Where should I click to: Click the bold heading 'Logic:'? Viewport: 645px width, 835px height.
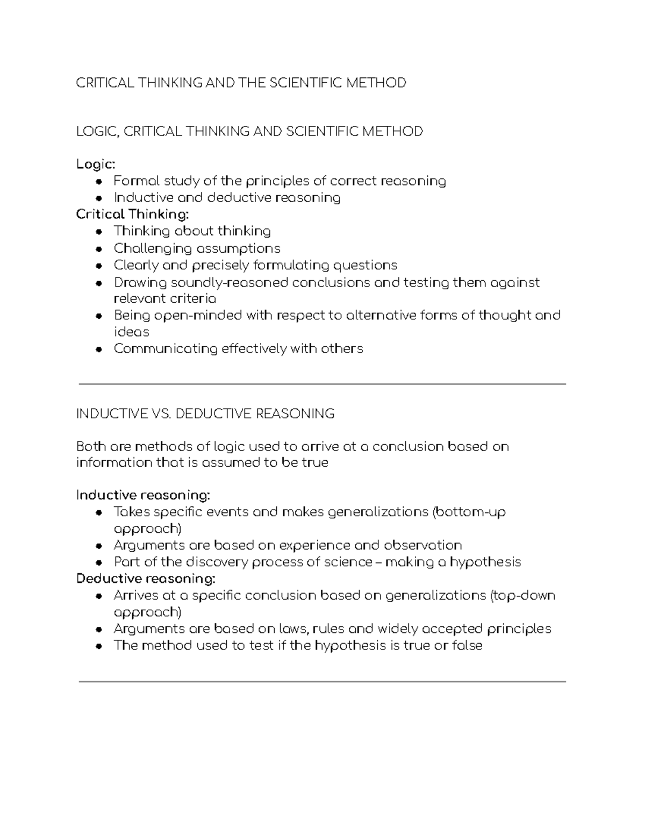pyautogui.click(x=96, y=164)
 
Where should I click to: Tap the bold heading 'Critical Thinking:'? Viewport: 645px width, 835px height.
pyautogui.click(x=133, y=215)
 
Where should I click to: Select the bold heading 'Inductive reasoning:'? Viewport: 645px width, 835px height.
pyautogui.click(x=143, y=495)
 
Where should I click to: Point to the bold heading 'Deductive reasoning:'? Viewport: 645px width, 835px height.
pyautogui.click(x=146, y=579)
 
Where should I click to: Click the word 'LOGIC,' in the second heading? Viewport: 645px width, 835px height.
pyautogui.click(x=97, y=132)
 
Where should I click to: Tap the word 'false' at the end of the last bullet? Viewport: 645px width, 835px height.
pyautogui.click(x=467, y=646)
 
